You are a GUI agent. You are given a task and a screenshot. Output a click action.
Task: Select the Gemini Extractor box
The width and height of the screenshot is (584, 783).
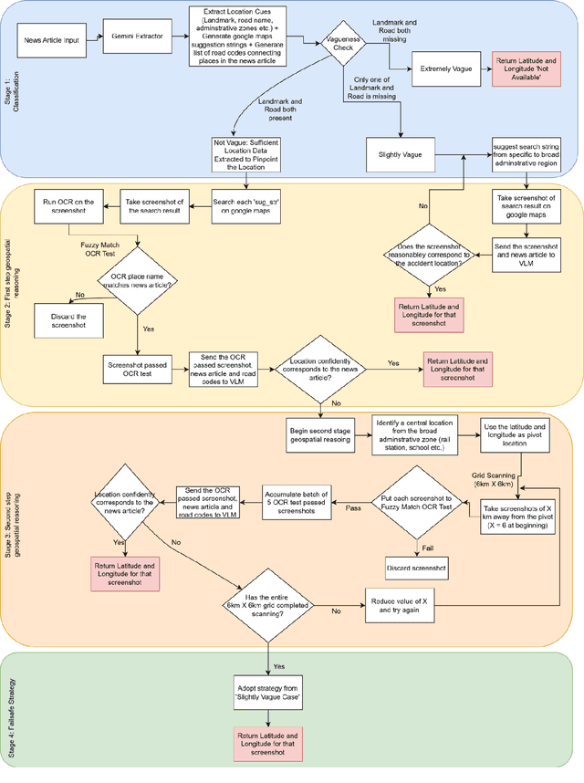[x=138, y=41]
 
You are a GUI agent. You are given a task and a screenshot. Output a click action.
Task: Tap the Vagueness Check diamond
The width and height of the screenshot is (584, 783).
[x=336, y=41]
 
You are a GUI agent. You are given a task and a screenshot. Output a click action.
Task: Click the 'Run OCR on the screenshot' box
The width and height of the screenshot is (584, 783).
[x=61, y=202]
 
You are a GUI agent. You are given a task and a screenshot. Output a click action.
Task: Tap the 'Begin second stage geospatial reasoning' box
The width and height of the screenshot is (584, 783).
[x=318, y=432]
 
